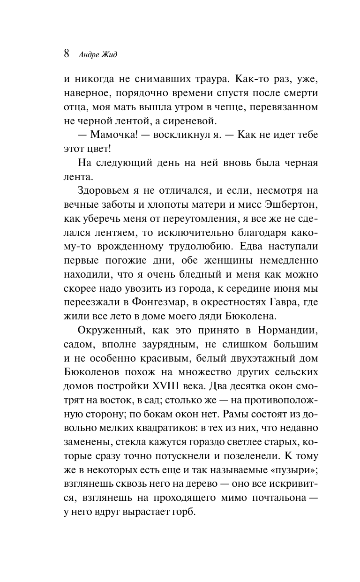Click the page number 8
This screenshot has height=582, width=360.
point(67,53)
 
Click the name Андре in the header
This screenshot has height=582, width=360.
point(89,54)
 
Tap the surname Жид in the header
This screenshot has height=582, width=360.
point(111,54)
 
